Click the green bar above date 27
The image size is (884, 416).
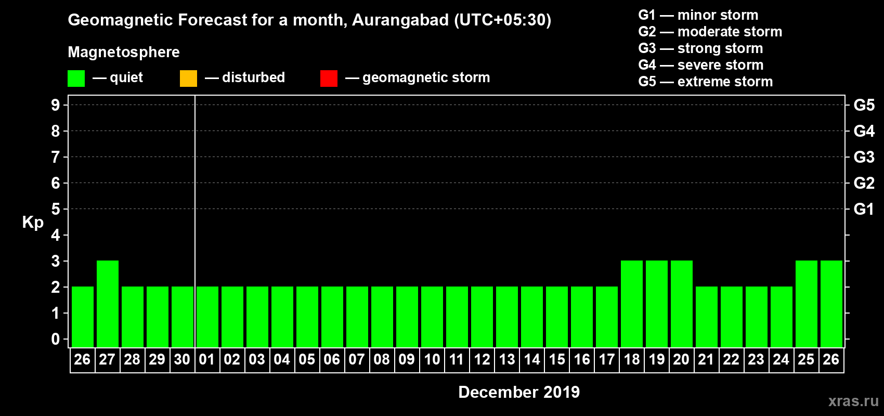[x=108, y=304]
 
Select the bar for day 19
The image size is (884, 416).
[x=657, y=304]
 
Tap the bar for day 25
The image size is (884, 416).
[x=807, y=304]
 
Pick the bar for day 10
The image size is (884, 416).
[x=432, y=317]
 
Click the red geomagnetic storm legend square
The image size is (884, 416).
[x=329, y=79]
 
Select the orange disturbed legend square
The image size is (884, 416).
[x=188, y=79]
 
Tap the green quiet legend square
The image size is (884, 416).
[x=76, y=79]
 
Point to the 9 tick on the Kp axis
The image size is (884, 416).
[x=56, y=105]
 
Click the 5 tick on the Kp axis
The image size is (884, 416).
[x=56, y=209]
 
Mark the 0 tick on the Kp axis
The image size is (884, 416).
[x=56, y=339]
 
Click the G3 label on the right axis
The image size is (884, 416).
[x=864, y=157]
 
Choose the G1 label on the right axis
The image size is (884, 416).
[x=864, y=209]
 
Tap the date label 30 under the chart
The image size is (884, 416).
[x=182, y=359]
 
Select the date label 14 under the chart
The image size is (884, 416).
[x=532, y=359]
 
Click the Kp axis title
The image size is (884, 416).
[x=33, y=223]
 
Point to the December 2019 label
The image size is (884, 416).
[x=519, y=392]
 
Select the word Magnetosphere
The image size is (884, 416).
[x=124, y=52]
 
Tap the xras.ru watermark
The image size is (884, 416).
[x=853, y=401]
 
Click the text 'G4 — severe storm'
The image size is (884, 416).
[x=701, y=65]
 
